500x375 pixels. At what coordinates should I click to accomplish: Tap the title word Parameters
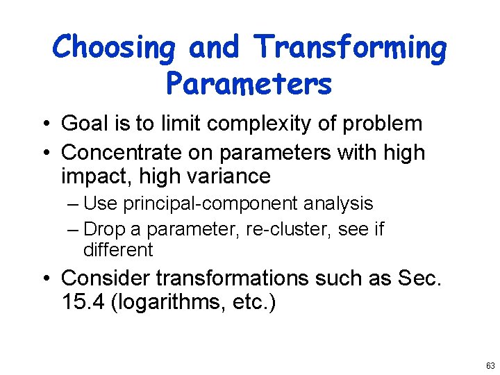point(249,84)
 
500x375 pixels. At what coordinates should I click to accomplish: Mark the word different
point(117,249)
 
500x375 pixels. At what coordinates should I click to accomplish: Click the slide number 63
point(490,365)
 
